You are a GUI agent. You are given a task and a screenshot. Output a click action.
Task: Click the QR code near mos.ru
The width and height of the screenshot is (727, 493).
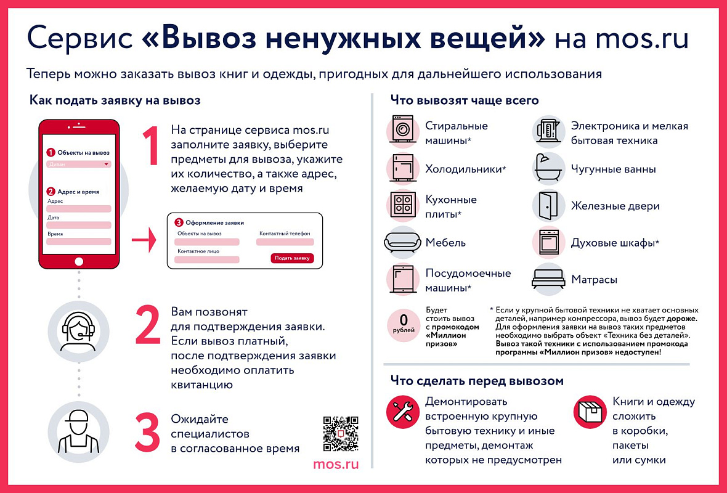pos(340,434)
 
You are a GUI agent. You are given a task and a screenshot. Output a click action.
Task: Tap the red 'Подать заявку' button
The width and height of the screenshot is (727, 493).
pos(292,258)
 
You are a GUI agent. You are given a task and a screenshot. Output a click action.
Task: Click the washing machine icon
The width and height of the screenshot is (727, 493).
pos(404,131)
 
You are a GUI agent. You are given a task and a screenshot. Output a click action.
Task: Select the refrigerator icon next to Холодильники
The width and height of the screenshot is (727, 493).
pos(404,168)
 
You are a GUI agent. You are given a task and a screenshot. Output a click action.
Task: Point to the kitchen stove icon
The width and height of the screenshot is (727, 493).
pos(404,205)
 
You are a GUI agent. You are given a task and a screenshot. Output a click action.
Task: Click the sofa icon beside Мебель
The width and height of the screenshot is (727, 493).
pos(403,242)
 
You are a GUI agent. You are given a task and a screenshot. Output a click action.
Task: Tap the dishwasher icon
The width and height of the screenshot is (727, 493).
pos(404,279)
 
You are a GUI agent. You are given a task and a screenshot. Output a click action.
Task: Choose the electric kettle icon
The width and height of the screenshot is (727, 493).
pos(548,131)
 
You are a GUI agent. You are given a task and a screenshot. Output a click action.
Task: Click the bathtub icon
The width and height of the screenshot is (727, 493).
pos(548,168)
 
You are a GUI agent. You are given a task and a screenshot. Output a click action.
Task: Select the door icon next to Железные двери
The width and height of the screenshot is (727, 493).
pos(548,206)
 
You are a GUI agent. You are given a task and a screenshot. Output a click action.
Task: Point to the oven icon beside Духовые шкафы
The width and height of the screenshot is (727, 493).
pos(548,242)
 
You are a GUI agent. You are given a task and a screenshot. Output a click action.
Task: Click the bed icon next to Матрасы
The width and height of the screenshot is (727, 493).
pos(548,279)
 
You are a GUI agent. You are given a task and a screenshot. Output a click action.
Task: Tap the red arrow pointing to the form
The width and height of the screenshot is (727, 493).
pos(144,242)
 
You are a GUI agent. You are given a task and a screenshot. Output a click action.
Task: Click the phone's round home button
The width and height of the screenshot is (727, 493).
pos(78,262)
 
